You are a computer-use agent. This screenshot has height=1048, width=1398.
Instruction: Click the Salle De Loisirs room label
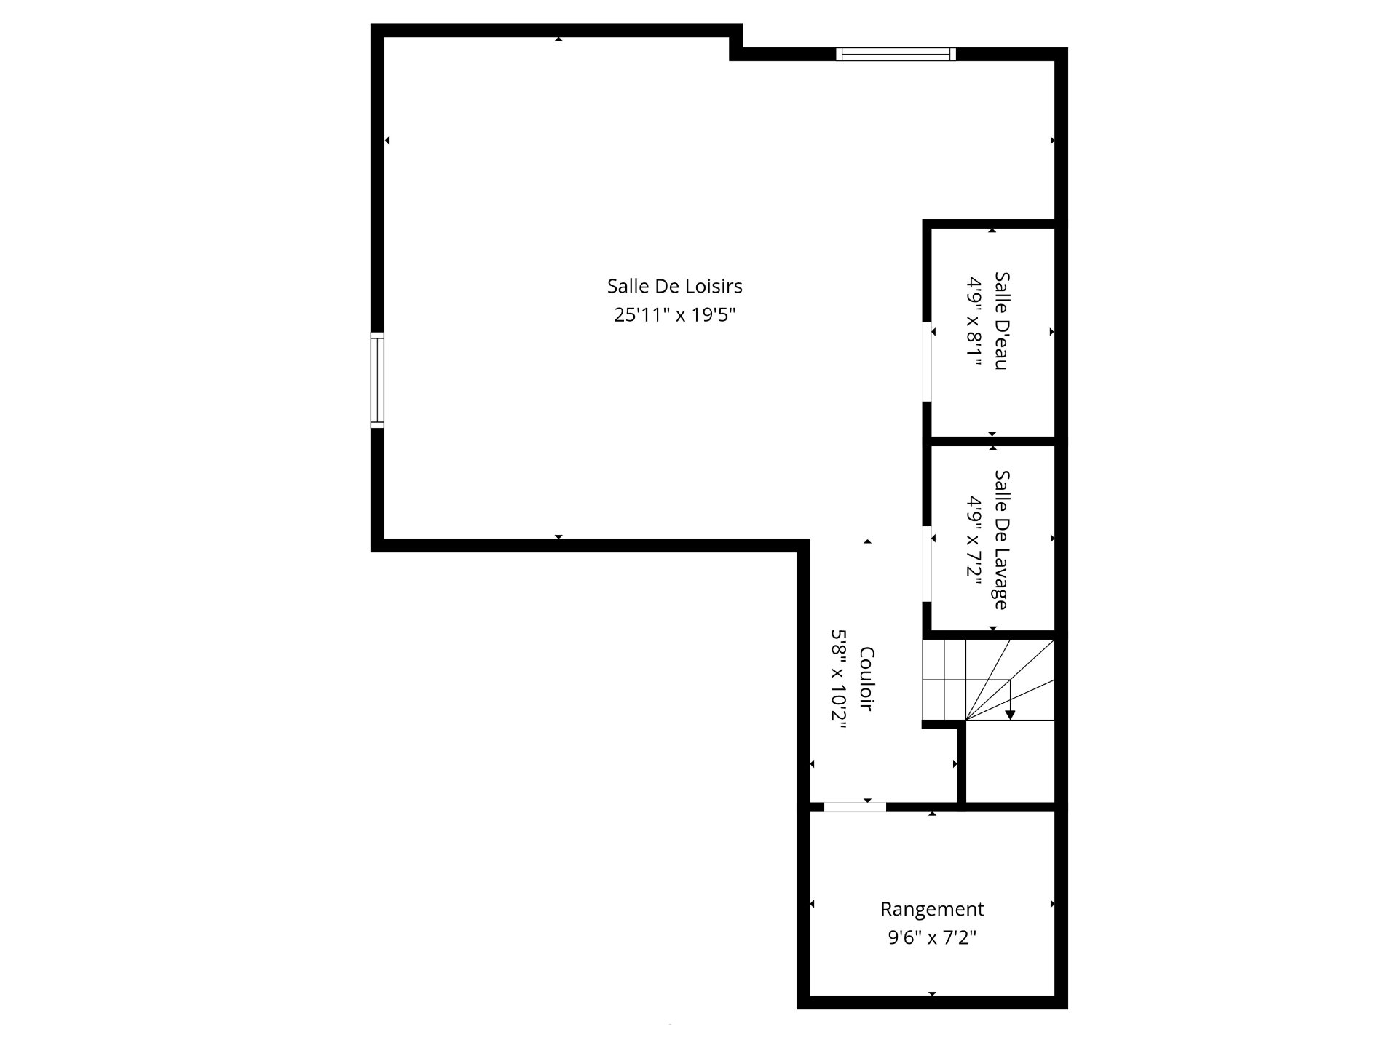tap(675, 286)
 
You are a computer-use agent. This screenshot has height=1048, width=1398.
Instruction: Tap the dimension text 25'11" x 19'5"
tap(675, 315)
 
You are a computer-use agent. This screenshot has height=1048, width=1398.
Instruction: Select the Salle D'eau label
tap(1002, 321)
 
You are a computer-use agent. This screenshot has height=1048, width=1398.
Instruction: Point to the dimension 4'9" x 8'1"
tap(975, 321)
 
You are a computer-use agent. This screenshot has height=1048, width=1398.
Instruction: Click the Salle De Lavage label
tap(1002, 539)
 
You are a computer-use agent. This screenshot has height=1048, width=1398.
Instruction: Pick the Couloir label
tap(866, 679)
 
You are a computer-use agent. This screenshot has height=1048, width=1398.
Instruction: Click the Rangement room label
tap(932, 909)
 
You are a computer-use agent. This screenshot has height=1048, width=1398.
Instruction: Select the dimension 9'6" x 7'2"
tap(932, 938)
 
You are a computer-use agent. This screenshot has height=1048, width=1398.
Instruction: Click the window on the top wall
tap(896, 54)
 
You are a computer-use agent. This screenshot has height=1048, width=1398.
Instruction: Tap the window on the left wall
tap(377, 380)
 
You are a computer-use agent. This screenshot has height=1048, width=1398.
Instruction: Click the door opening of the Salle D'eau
tap(927, 362)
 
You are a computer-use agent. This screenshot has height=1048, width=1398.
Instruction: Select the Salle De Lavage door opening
tap(927, 564)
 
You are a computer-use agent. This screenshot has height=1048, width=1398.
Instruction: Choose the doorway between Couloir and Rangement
tap(855, 806)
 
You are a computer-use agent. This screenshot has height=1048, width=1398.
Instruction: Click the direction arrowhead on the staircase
tap(1010, 715)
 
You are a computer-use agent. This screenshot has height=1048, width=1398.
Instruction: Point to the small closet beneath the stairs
tap(1010, 761)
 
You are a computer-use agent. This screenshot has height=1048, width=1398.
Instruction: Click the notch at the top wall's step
tap(736, 48)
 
